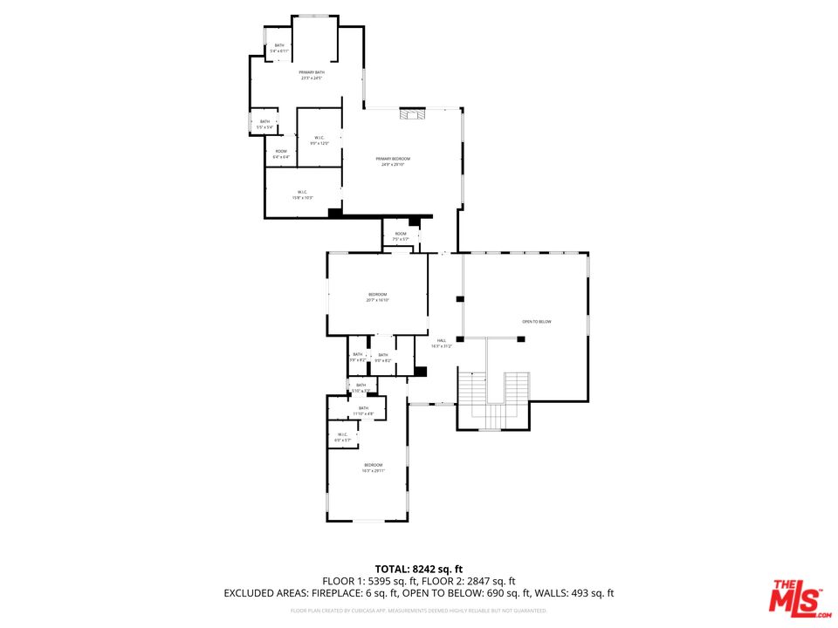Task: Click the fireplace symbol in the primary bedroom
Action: coord(411,113)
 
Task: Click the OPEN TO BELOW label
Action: coord(537,322)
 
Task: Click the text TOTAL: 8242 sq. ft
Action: coord(418,569)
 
